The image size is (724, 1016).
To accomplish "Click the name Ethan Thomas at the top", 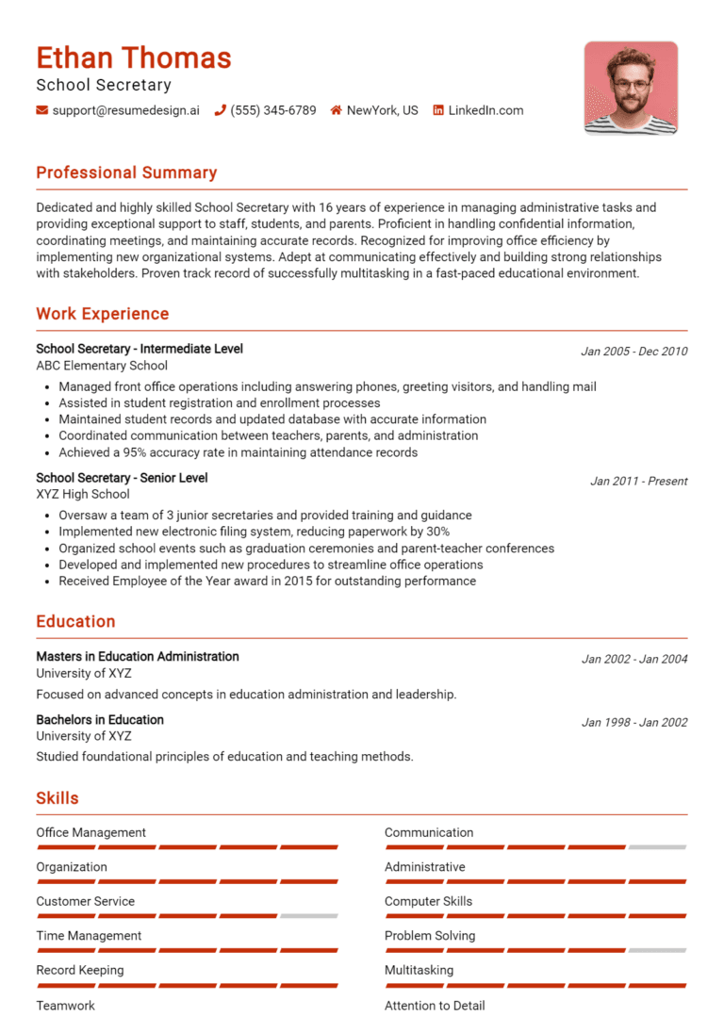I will tap(134, 58).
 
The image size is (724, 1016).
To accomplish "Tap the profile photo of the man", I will tap(630, 88).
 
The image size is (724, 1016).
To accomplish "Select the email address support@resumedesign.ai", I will tap(126, 110).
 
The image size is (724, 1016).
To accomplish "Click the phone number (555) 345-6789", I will tap(273, 110).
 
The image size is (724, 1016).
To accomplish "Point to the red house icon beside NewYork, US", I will tap(336, 110).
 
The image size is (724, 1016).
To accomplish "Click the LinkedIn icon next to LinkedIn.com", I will tap(438, 110).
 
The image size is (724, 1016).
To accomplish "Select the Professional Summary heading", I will tap(126, 172).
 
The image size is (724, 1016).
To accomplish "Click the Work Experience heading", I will tap(103, 314).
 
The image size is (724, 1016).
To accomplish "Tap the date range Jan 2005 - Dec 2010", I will tap(633, 352).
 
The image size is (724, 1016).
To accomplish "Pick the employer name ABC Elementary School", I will tap(102, 366).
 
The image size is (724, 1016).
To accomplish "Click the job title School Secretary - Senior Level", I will tap(122, 478).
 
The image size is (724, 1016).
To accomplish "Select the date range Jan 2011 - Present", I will tap(638, 481).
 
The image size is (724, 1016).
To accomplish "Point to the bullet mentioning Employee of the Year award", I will tap(267, 582).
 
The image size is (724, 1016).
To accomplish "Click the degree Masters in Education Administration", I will tap(138, 656).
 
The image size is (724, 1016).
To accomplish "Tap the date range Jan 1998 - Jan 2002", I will tap(633, 723).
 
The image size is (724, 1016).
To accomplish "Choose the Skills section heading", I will tap(58, 798).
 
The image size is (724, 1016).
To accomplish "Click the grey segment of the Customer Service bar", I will tap(308, 916).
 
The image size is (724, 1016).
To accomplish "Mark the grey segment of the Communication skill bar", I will tap(657, 847).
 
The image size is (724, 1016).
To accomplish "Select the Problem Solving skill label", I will tap(430, 936).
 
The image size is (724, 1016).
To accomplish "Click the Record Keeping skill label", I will tap(80, 970).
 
